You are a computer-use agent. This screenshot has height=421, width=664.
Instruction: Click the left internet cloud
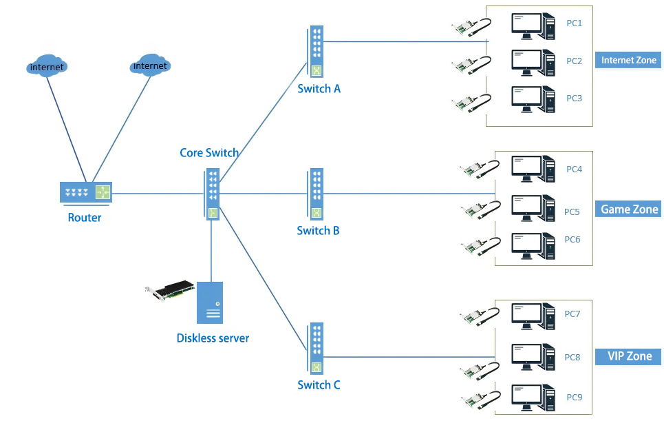coord(47,66)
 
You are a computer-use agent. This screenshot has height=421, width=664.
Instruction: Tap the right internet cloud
coord(150,65)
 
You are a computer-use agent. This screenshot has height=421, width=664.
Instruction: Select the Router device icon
coord(85,192)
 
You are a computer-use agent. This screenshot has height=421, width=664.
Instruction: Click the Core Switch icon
coord(212,194)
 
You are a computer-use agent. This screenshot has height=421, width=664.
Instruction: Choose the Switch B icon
coord(316,195)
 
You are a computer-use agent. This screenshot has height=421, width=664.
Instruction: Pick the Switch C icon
coord(316,349)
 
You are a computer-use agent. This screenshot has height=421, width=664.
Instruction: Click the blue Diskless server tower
coord(210,302)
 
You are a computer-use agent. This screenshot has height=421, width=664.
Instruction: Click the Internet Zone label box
coord(628,60)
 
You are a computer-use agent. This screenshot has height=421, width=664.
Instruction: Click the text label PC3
coord(574,98)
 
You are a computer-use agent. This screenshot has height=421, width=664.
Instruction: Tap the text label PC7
coord(572,314)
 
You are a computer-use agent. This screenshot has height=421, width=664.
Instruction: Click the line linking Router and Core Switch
coord(158,193)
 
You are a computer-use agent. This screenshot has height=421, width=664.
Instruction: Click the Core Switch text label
coord(209,153)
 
